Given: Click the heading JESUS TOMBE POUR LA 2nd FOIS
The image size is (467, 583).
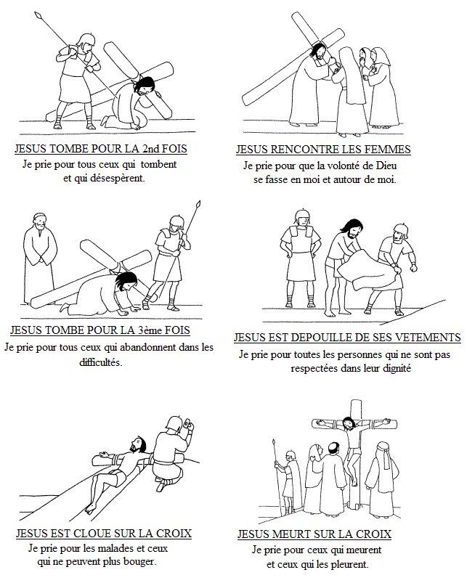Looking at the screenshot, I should coord(100,149).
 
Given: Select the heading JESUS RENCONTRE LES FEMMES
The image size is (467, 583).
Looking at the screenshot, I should coord(323,150).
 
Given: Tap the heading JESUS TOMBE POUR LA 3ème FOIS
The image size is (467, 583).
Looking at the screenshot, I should coord(100,330).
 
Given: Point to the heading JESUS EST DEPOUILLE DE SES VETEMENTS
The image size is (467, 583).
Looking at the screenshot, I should coord(347,338).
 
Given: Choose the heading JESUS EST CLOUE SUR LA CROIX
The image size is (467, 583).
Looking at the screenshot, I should coord(103,534).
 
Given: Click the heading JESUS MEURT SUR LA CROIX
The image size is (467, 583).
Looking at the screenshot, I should coord(314,534).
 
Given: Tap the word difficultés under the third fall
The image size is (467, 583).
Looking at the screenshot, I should coord(100,362).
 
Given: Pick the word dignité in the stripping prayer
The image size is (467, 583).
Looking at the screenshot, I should coord(391,369).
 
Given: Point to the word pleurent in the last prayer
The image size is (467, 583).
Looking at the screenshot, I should coord(348,564).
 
